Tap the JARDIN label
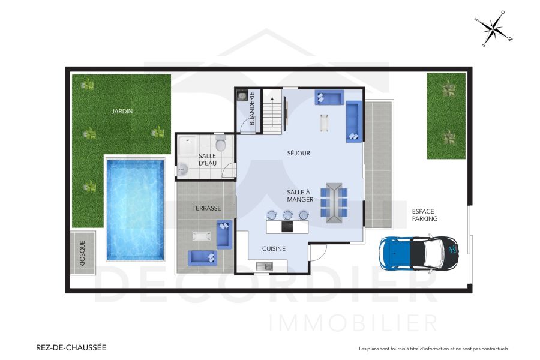pos(121,111)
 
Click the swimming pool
pos(134,209)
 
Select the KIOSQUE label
pos(83,253)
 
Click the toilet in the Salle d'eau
pos(220,144)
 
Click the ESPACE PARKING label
pos(424,215)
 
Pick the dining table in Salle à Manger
pos(334,202)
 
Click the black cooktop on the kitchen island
pos(287,227)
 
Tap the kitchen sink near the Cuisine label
pos(263,266)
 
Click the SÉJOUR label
pos(298,153)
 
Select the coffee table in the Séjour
pos(325,122)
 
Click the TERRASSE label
pos(206,208)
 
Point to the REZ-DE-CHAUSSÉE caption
pos(71,347)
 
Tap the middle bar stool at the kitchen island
pos(288,214)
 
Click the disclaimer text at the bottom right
pos(433,349)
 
